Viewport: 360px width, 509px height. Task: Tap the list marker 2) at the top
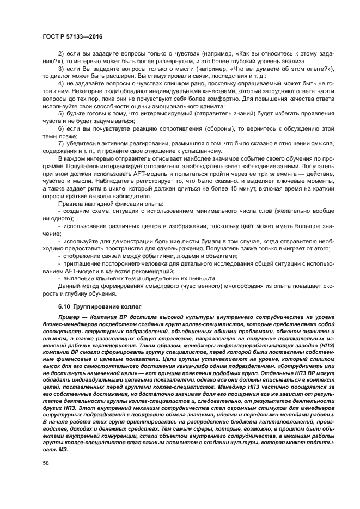pos(61,53)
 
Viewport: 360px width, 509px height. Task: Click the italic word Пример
pos(68,316)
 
